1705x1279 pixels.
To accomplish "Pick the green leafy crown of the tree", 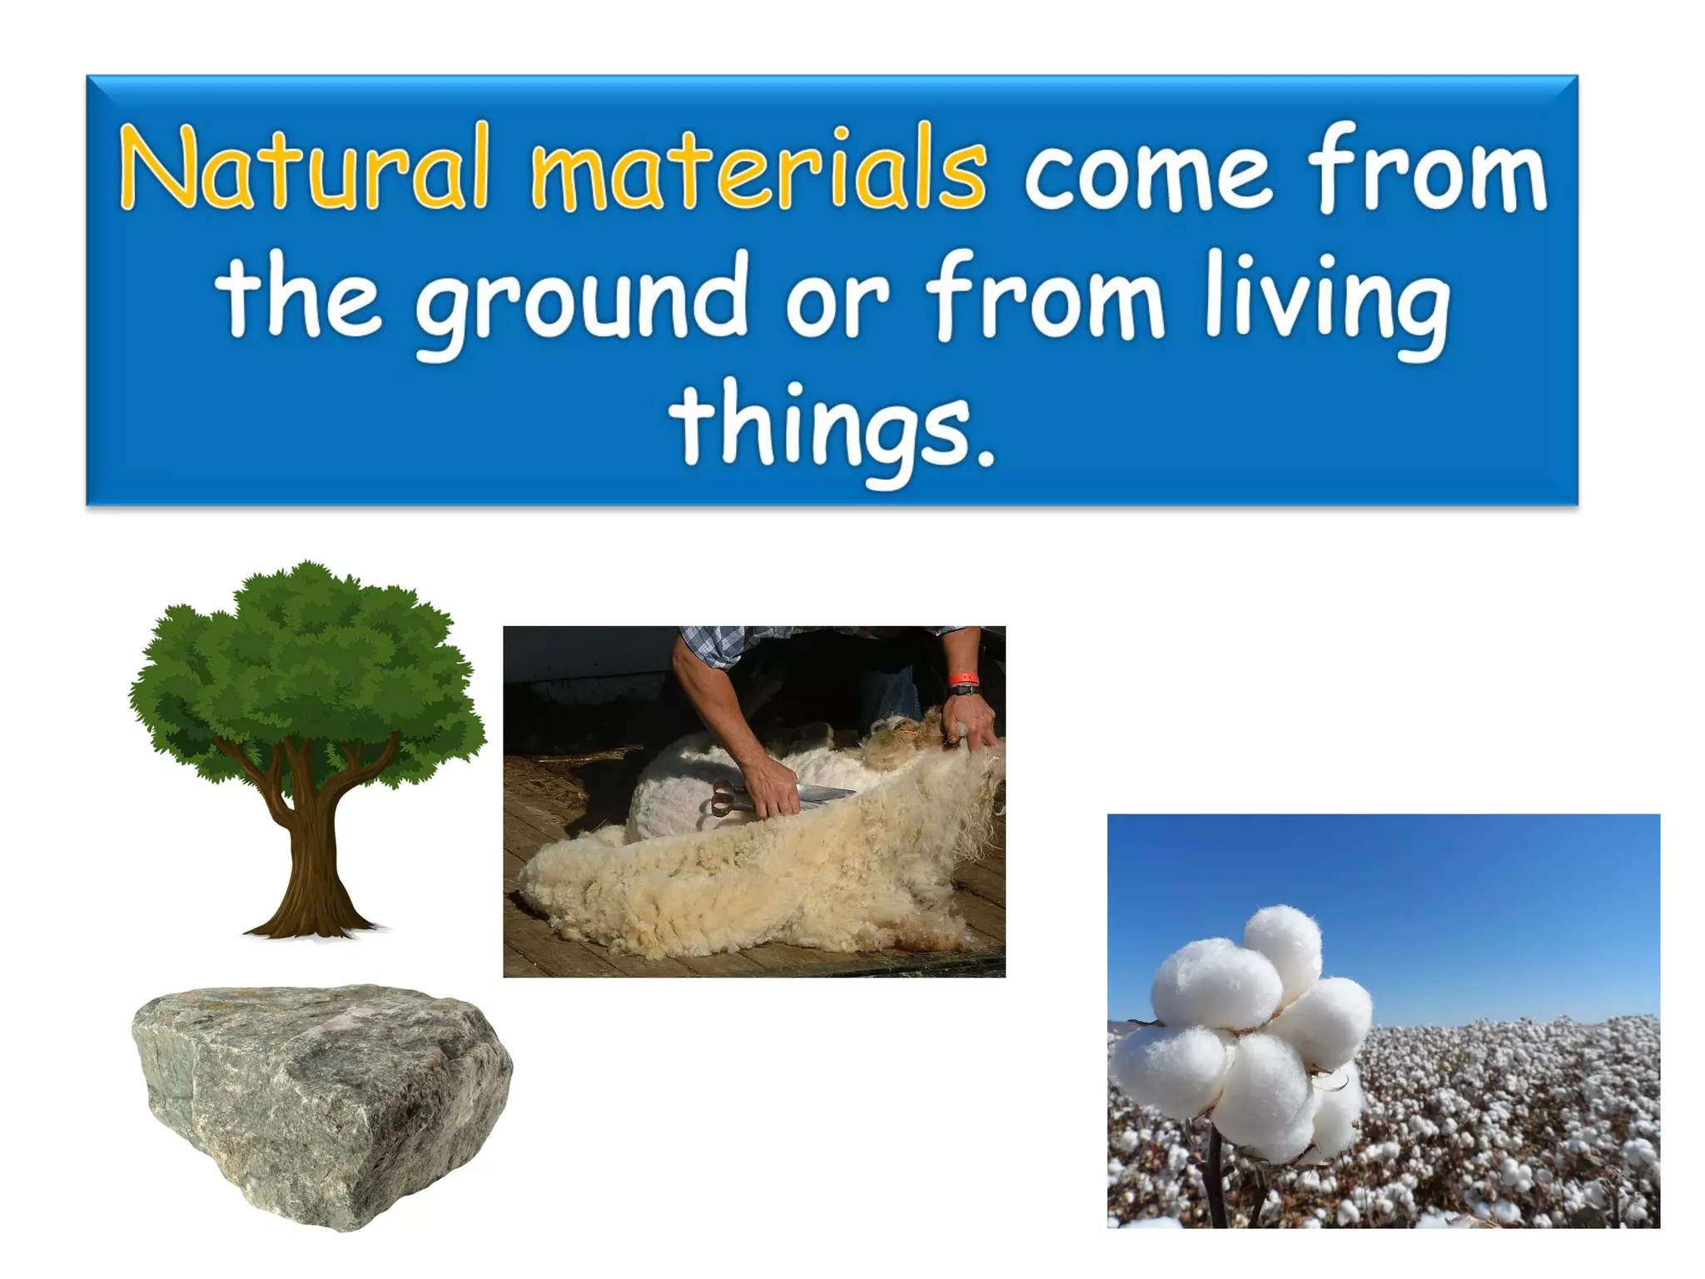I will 308,666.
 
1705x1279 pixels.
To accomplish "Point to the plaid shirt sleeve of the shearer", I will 716,645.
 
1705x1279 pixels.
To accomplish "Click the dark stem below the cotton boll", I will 1216,1182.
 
